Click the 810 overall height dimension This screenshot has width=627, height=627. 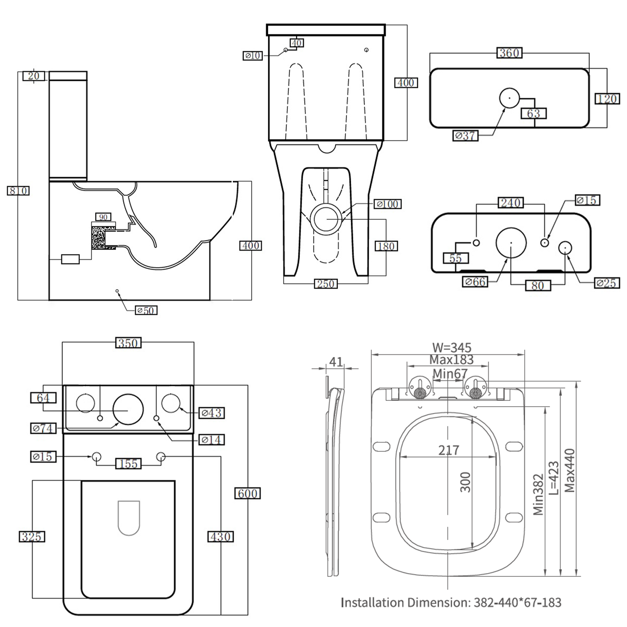click(x=18, y=191)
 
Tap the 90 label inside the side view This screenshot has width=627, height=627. click(x=103, y=217)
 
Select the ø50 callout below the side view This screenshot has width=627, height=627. click(x=146, y=310)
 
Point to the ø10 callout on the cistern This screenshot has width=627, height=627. click(x=253, y=56)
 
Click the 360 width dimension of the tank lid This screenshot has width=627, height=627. click(x=509, y=53)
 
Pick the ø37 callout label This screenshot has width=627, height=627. click(x=465, y=136)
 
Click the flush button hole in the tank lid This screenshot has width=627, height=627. click(x=509, y=98)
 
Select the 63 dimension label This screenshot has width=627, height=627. click(x=533, y=113)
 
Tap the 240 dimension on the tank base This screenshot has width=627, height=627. click(x=510, y=203)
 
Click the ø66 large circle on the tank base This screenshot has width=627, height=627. click(x=511, y=243)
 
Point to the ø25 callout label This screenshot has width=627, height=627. click(x=607, y=283)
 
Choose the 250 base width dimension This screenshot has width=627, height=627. click(x=325, y=284)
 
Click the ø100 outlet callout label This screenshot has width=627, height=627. click(x=387, y=204)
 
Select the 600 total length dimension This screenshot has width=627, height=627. click(x=247, y=494)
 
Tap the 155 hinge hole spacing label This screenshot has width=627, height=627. click(x=128, y=464)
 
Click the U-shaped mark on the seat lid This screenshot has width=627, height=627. click(x=128, y=518)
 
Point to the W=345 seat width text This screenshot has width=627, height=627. click(x=451, y=347)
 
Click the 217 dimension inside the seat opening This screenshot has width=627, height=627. click(x=449, y=450)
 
